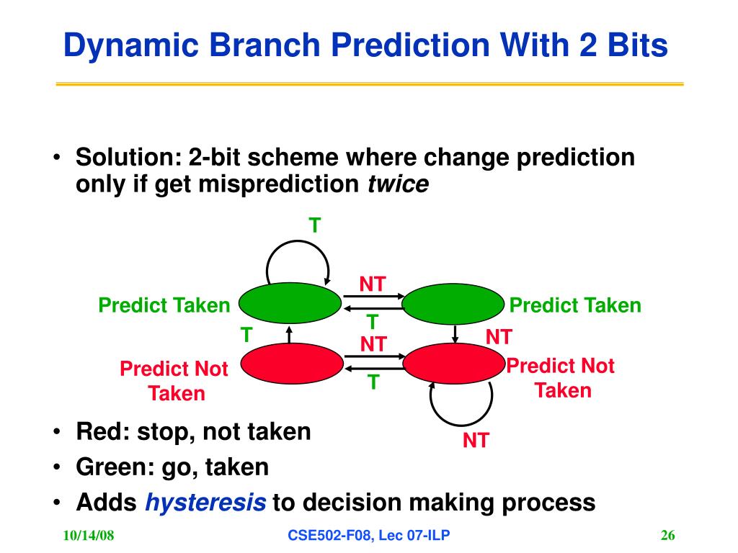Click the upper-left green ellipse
pyautogui.click(x=290, y=303)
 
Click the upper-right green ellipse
pyautogui.click(x=453, y=304)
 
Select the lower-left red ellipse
pyautogui.click(x=292, y=364)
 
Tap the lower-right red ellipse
pyautogui.click(x=454, y=364)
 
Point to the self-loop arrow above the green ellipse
pyautogui.click(x=298, y=242)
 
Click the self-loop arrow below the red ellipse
pyautogui.click(x=461, y=425)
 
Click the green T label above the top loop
pyautogui.click(x=315, y=225)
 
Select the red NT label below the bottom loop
pyautogui.click(x=476, y=441)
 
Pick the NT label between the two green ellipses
pyautogui.click(x=373, y=284)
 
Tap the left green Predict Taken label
pyautogui.click(x=164, y=305)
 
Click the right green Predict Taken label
pyautogui.click(x=575, y=305)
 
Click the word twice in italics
pyautogui.click(x=398, y=184)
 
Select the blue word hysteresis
pyautogui.click(x=205, y=503)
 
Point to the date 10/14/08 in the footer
pyautogui.click(x=89, y=535)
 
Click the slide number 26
pyautogui.click(x=668, y=535)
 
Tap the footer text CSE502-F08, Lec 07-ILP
pyautogui.click(x=368, y=535)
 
